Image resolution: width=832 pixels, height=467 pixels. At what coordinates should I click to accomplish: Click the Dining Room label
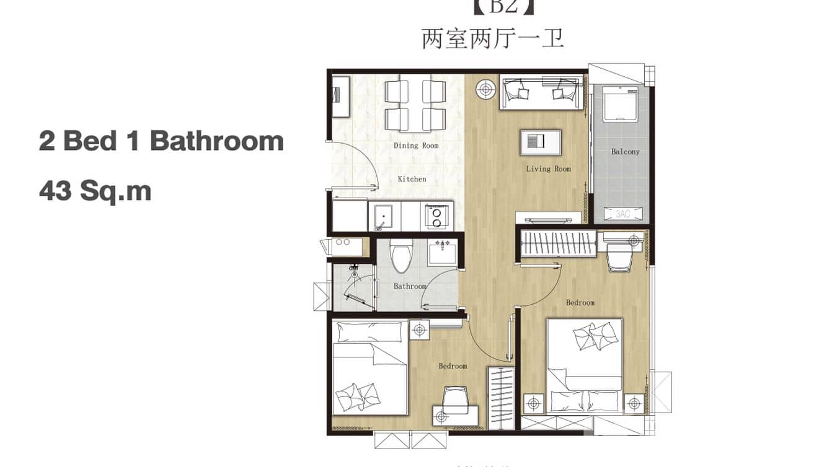416,146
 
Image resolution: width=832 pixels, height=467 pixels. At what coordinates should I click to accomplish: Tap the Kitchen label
412,179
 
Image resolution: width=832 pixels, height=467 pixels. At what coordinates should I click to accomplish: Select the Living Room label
548,169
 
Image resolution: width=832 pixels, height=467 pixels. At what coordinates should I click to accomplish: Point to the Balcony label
625,152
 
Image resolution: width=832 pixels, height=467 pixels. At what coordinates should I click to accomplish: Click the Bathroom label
410,286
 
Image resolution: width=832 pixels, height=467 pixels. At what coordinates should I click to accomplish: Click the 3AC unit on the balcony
622,214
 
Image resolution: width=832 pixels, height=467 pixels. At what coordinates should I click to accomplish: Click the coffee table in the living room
541,142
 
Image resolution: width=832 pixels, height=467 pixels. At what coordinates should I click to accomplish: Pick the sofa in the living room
541,93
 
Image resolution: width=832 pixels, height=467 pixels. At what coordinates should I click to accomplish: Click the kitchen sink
384,216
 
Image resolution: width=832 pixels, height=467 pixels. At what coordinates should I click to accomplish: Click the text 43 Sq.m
95,191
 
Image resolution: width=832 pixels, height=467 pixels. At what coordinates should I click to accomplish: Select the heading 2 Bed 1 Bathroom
161,141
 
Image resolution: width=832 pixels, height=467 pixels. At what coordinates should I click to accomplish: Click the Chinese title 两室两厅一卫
492,38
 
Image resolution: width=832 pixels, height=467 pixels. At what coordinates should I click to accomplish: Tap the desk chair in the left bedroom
456,399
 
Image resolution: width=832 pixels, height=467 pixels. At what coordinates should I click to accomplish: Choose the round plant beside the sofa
485,89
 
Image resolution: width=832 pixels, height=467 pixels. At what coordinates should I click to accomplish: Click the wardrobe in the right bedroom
557,242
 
